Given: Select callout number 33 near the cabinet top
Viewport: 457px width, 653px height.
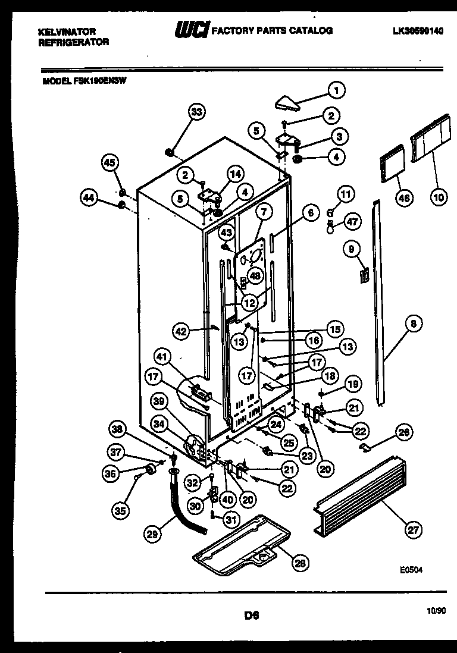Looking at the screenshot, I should [196, 112].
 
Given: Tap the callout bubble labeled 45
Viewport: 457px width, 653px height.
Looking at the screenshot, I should [110, 163].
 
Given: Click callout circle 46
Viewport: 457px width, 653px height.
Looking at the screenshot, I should [403, 198].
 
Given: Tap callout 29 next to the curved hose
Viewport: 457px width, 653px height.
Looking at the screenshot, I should [153, 533].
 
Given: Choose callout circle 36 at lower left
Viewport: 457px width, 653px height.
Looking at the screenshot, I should [110, 473].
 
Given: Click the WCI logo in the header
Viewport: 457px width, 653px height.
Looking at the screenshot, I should [190, 30].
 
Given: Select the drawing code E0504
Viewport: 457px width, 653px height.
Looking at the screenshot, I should [411, 569].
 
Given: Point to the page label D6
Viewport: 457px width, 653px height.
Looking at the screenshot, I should [252, 616].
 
